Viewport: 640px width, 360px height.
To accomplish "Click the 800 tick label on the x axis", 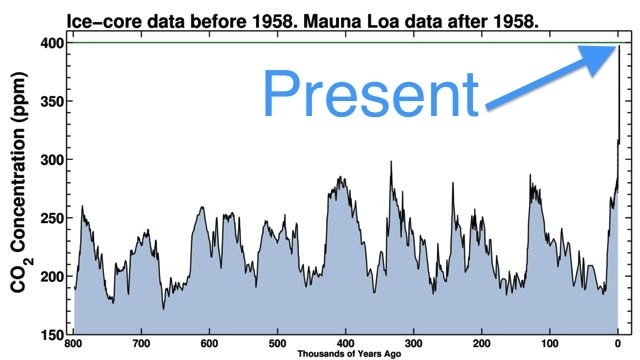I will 74,343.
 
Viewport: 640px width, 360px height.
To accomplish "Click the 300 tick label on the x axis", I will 414,343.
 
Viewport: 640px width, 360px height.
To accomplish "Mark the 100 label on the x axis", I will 550,343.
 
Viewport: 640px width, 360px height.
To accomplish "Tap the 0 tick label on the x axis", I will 618,343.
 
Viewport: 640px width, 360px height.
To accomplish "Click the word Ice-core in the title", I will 101,17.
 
